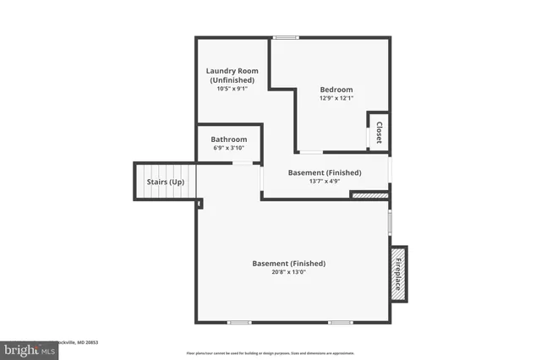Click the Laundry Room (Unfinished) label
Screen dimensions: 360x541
point(232,75)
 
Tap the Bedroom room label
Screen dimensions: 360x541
point(336,90)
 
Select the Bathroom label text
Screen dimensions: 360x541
point(229,139)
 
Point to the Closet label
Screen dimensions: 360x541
point(379,134)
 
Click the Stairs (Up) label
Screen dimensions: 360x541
point(165,182)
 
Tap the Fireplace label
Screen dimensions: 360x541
point(397,271)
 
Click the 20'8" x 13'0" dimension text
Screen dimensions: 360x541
point(288,272)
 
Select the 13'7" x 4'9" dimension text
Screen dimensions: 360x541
point(325,181)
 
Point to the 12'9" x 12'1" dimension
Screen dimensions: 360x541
point(336,98)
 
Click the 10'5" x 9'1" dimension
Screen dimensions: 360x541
point(232,89)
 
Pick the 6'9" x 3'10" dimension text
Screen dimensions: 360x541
point(229,148)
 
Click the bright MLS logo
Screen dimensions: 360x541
point(27,349)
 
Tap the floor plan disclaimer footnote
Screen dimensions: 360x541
point(270,352)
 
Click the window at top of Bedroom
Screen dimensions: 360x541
point(286,37)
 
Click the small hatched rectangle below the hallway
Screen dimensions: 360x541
point(369,195)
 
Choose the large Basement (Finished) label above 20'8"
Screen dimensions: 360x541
point(288,264)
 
